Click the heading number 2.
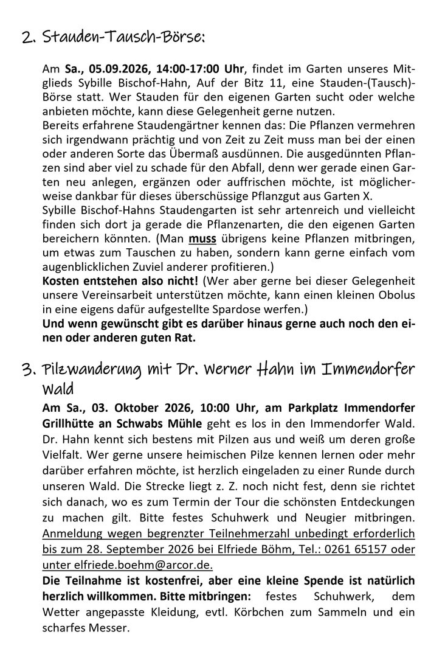[x=26, y=38]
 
